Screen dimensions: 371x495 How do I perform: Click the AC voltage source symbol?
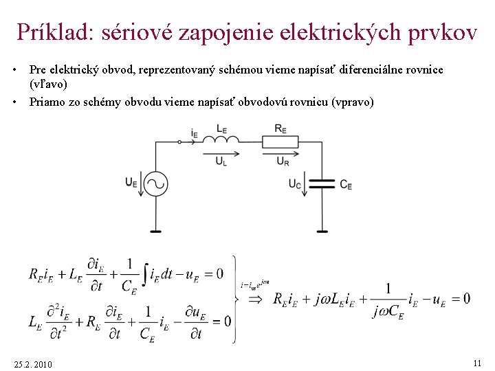coord(156,183)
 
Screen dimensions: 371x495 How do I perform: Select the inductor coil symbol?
coord(221,141)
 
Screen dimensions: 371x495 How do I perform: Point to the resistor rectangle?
coord(280,142)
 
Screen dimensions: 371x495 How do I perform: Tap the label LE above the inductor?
coord(221,128)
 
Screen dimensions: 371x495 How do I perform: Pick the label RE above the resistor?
coord(280,128)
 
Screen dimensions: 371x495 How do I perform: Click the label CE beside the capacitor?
coord(346,185)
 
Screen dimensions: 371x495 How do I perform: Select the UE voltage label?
coord(131,182)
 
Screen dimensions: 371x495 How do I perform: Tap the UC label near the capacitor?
coord(294,184)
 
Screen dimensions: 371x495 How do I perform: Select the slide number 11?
coord(476,362)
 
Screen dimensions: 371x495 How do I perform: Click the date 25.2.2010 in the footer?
coord(32,363)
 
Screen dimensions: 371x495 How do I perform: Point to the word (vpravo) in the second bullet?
coord(353,102)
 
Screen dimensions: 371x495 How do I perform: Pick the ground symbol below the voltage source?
coord(156,232)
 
